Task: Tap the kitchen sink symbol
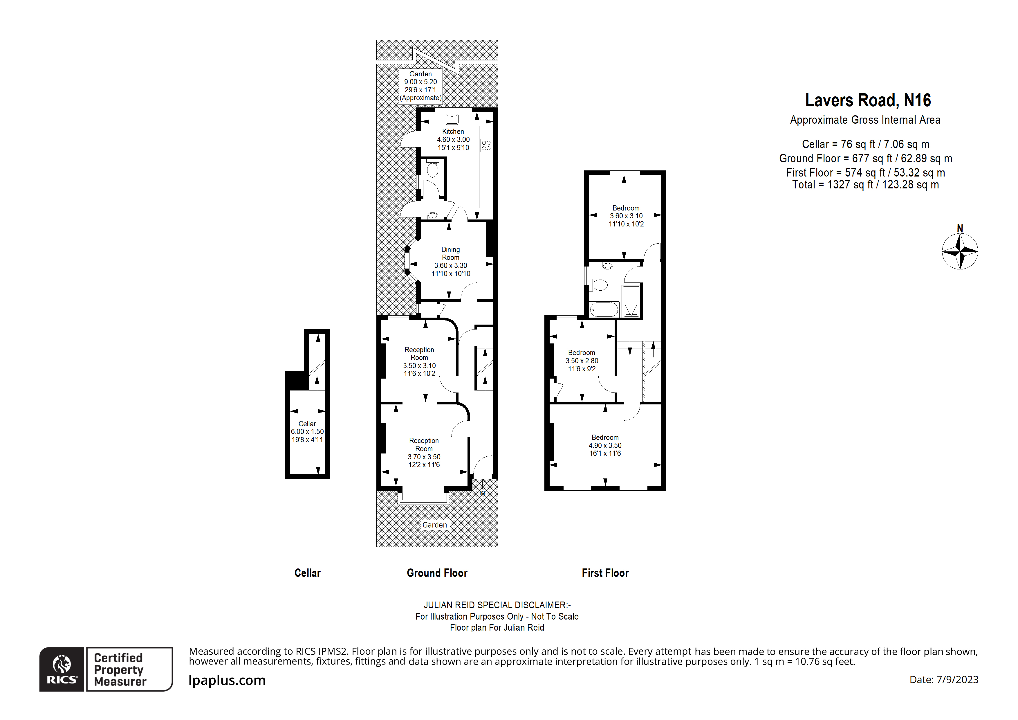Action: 452,119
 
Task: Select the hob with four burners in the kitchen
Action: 486,145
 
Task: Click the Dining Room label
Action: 450,254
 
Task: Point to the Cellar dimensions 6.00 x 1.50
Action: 307,432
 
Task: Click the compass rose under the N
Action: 960,251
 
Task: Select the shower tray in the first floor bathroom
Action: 631,302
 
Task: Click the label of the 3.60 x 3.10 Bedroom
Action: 626,208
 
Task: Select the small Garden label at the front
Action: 434,525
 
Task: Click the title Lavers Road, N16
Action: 868,100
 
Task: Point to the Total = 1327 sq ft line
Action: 865,185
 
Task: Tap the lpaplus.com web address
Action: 227,680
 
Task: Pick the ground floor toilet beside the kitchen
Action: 432,169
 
